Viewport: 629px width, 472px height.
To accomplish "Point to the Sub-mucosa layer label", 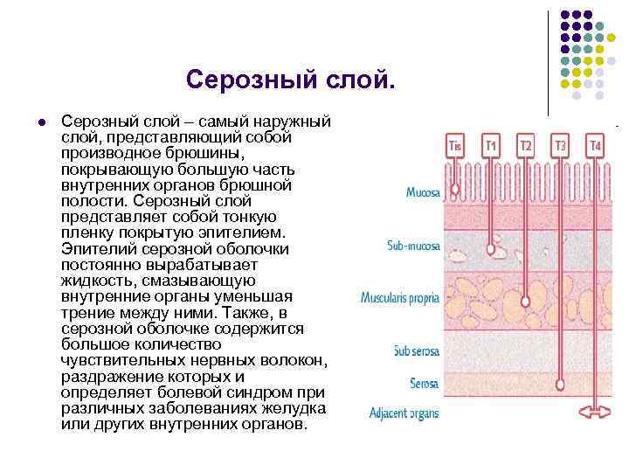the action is (413, 246).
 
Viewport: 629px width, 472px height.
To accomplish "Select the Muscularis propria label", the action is (400, 299).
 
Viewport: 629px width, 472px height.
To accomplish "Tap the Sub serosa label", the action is (417, 351).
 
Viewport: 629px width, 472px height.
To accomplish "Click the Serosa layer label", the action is (425, 384).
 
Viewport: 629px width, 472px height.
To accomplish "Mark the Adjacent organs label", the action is (404, 413).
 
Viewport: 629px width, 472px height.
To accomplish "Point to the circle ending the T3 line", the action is (560, 383).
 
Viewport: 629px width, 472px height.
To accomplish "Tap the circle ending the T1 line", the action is (491, 250).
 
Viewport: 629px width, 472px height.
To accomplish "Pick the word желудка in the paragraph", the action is (297, 409).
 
